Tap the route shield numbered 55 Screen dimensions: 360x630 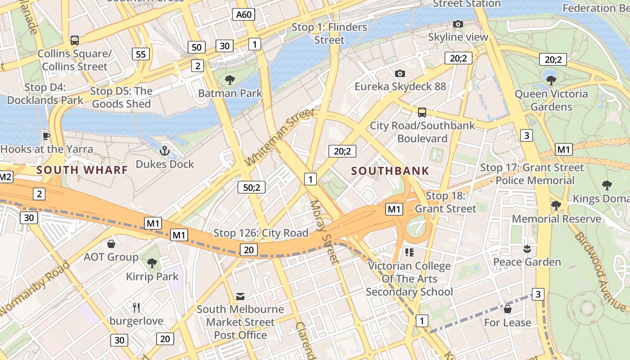141,54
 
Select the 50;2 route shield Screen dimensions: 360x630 252,187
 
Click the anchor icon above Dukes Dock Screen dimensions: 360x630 165,151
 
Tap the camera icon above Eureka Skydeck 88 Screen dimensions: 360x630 400,73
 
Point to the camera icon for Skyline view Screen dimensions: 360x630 458,24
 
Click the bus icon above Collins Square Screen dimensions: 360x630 75,40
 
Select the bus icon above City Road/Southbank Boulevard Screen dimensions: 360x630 422,112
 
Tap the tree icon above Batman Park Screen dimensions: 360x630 230,80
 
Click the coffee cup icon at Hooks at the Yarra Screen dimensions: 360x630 46,136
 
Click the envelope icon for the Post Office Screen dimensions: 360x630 240,296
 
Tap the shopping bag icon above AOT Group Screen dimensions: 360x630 111,244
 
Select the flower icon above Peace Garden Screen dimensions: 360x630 527,248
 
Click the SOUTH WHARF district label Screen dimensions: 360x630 82,170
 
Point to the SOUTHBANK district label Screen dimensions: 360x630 390,171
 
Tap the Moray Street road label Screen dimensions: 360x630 324,232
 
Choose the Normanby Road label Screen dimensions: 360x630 35,288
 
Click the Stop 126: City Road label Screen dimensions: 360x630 261,233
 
